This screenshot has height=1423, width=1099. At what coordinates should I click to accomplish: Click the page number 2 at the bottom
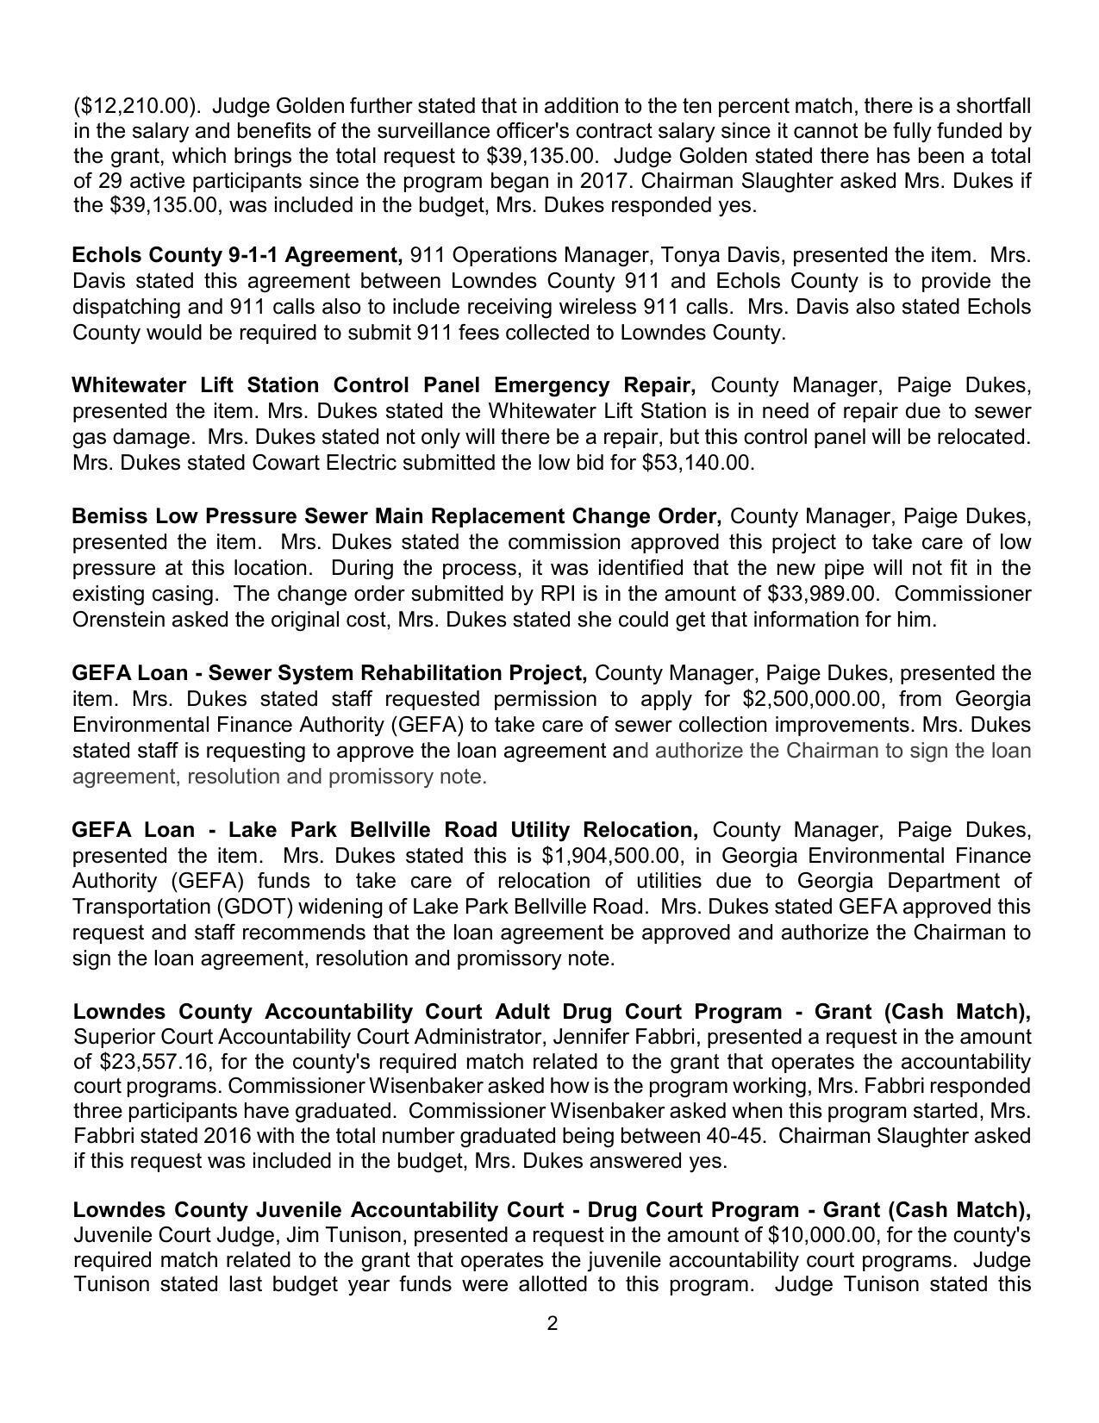click(553, 1324)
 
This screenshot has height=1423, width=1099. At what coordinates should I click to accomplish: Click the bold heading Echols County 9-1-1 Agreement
click(237, 255)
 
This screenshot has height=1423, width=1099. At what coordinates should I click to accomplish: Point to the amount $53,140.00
click(698, 463)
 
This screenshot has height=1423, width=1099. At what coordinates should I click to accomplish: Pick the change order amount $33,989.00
click(816, 594)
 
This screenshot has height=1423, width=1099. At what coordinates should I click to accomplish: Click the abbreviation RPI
click(541, 594)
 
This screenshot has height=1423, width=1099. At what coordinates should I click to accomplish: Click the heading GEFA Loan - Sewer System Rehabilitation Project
click(329, 672)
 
